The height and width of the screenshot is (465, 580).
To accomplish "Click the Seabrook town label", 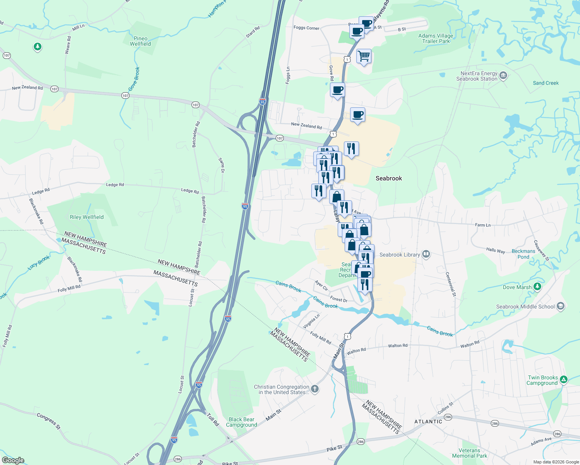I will click(x=388, y=178).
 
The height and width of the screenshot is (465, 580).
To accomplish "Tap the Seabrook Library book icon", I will click(x=426, y=254).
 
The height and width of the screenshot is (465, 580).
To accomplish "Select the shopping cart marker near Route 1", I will click(x=364, y=57).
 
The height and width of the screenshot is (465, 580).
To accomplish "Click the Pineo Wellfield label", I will click(x=140, y=41).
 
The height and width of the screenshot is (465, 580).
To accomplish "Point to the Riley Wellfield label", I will click(x=86, y=217).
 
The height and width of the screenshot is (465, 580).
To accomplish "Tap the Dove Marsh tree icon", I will click(x=537, y=287).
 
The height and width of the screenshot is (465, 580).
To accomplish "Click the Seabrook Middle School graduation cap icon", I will click(x=560, y=306).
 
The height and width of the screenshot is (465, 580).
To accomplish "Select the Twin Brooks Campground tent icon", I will click(x=564, y=380).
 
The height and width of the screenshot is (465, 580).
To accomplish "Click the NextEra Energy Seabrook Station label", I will click(x=476, y=76).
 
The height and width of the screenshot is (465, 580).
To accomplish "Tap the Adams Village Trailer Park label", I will click(x=436, y=38).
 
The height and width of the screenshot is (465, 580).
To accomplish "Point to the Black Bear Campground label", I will click(x=242, y=422).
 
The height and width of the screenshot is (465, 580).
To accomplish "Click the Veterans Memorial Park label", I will click(x=470, y=453).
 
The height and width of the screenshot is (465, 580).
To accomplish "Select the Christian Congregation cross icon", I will click(x=315, y=389).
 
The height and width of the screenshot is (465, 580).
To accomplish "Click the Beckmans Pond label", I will click(x=523, y=254).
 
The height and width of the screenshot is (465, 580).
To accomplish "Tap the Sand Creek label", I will click(x=545, y=83).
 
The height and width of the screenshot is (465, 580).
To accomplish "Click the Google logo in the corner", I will click(x=13, y=460).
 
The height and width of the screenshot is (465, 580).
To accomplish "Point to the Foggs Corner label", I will click(x=306, y=28).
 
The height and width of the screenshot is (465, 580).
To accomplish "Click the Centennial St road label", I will click(x=451, y=284).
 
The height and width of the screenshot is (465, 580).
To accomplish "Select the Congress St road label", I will click(x=49, y=421).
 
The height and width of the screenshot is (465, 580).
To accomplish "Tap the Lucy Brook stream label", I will click(x=39, y=263).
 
